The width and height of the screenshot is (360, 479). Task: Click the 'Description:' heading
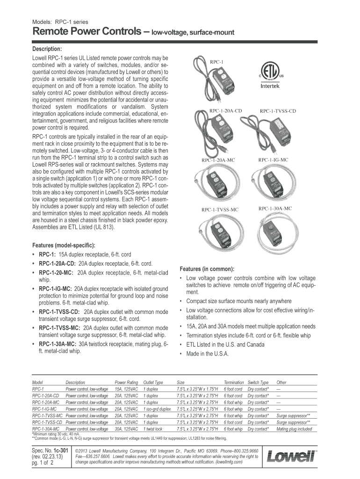[x=47, y=49]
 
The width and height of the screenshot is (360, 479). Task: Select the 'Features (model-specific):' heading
[x=64, y=245]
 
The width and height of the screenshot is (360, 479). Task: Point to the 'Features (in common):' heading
[x=207, y=269]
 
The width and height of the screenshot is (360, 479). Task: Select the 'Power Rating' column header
[x=126, y=382]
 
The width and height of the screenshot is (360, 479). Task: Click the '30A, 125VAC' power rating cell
[x=126, y=428]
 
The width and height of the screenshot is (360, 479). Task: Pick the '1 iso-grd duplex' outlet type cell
[x=157, y=408]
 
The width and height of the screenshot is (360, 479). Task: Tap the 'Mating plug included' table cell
[x=294, y=428]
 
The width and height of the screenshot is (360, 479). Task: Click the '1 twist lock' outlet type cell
[x=153, y=428]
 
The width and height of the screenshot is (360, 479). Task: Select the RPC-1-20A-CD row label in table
[x=45, y=395]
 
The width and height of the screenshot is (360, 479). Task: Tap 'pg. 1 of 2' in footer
[x=43, y=463]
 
